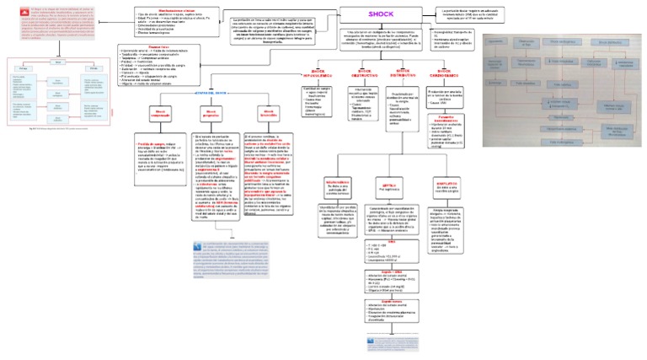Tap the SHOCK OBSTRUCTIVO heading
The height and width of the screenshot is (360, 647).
pyautogui.click(x=366, y=73)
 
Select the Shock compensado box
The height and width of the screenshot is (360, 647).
pyautogui.click(x=161, y=113)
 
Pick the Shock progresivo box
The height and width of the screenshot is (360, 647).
pyautogui.click(x=215, y=113)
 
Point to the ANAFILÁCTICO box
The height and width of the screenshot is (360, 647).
pyautogui.click(x=446, y=184)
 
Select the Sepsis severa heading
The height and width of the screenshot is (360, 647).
pyautogui.click(x=391, y=297)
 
